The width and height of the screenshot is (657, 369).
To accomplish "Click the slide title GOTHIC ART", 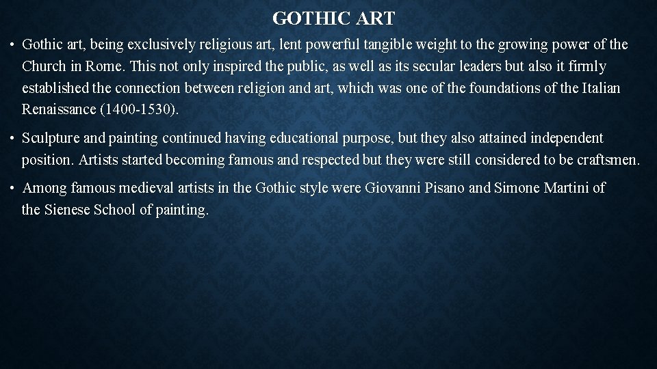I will point(333,17).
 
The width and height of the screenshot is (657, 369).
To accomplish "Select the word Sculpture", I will point(51,139).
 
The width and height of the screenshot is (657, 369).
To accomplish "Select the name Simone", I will point(515,188).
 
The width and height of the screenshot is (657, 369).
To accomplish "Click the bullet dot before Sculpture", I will point(13,139).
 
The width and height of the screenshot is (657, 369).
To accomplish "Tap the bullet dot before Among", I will point(13,189).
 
